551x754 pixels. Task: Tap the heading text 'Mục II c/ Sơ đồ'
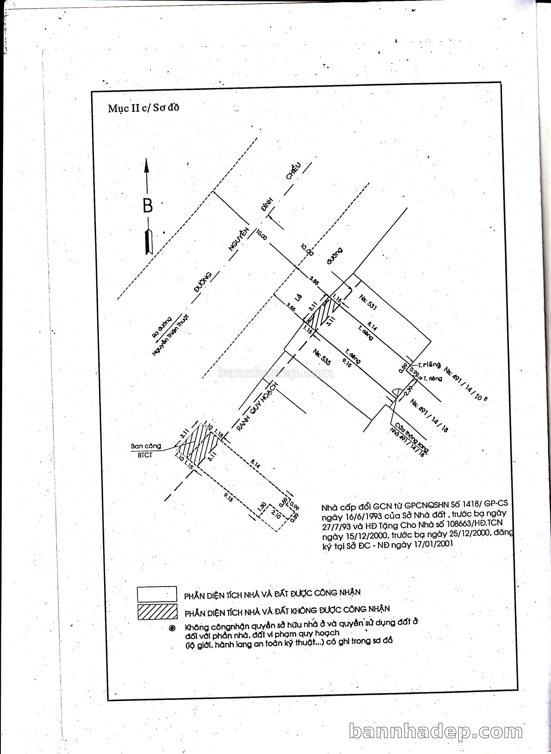point(143,108)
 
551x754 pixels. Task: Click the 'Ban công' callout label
point(146,446)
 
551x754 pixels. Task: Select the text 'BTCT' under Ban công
point(145,455)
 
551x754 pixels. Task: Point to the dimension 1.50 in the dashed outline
point(263,507)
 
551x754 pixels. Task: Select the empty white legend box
point(157,594)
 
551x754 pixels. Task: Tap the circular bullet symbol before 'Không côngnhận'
point(172,628)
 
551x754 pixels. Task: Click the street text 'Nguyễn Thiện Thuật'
point(170,335)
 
